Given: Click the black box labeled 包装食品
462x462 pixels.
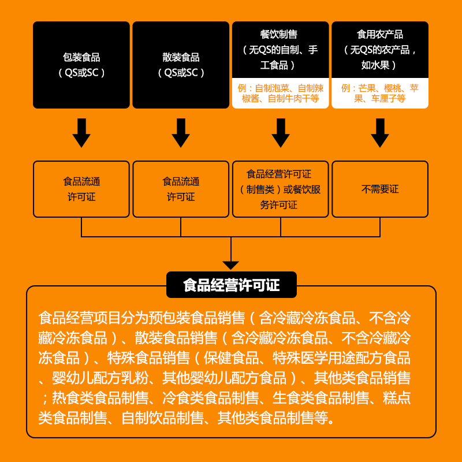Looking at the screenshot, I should [x=81, y=65].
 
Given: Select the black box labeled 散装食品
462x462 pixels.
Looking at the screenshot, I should [x=181, y=65].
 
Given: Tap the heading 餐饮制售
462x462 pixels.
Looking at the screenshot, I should [x=280, y=35].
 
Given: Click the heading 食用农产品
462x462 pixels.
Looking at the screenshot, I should [x=379, y=35].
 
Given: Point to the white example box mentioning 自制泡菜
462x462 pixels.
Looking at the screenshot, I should [x=280, y=94].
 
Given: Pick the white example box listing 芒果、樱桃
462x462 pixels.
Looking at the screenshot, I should [x=379, y=94].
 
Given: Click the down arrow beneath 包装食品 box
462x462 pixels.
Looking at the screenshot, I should [x=81, y=133].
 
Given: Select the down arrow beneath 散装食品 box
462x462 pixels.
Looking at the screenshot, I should [x=181, y=133].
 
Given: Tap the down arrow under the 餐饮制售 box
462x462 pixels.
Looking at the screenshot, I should [x=280, y=133].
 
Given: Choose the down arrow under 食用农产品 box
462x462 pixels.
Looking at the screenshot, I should [x=379, y=133].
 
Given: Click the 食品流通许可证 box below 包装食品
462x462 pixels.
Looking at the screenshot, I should [x=81, y=189].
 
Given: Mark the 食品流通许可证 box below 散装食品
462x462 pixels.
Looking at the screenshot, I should [x=181, y=189].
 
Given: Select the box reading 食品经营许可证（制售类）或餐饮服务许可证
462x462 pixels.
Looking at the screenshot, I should [x=280, y=189].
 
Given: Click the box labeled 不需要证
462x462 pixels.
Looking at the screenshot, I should [x=379, y=189].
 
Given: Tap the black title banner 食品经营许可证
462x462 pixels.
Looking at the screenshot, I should [x=231, y=285].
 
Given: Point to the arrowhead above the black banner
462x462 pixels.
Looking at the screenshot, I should [x=231, y=265].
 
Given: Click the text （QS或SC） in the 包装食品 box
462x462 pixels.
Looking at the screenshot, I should [x=81, y=73].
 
